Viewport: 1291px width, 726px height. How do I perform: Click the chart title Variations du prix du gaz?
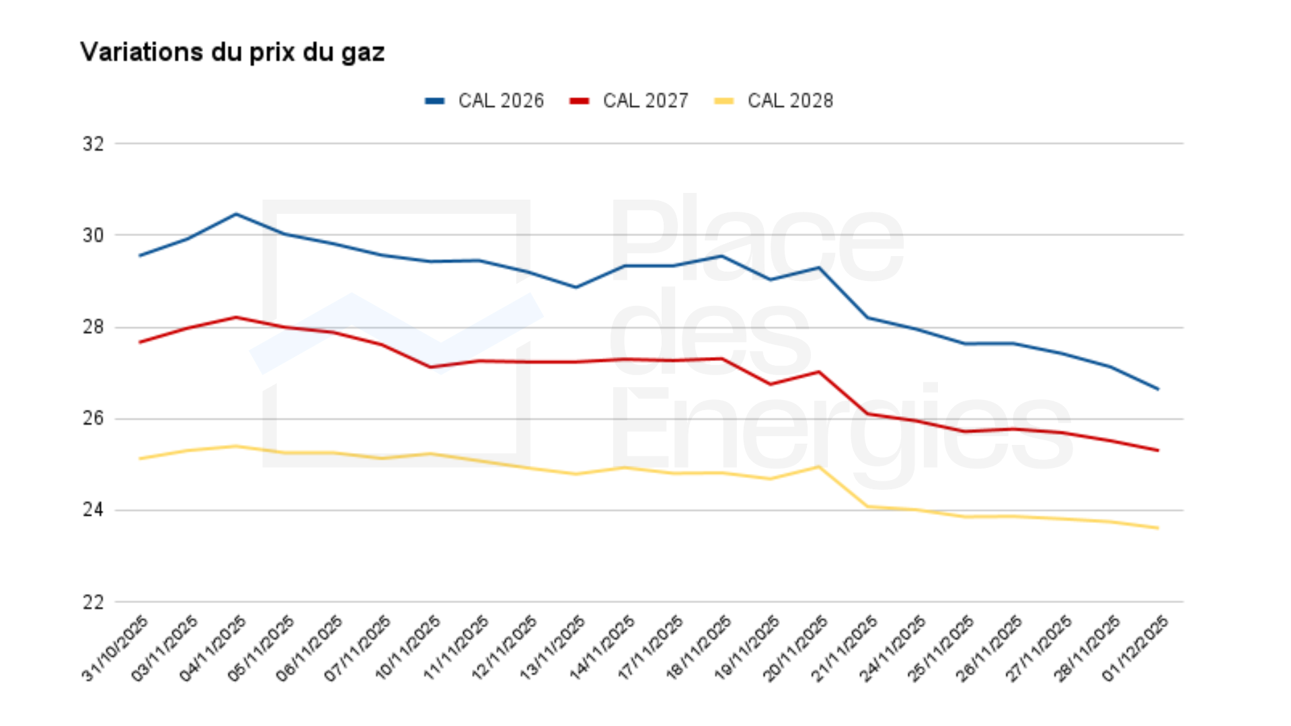click(x=232, y=52)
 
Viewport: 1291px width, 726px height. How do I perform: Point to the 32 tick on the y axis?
click(x=93, y=144)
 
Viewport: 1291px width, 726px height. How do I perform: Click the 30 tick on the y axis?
click(x=93, y=235)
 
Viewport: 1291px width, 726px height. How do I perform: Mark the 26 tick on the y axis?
click(x=93, y=419)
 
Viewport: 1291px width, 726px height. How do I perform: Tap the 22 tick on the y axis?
click(x=93, y=602)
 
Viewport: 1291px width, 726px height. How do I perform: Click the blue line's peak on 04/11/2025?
click(x=236, y=214)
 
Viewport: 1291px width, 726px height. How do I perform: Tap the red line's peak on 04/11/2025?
click(x=236, y=317)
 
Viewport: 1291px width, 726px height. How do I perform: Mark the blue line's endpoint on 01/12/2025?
click(x=1158, y=389)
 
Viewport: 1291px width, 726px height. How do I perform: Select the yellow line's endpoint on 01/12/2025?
click(x=1158, y=528)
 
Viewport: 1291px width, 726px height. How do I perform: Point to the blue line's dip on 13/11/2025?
click(x=576, y=288)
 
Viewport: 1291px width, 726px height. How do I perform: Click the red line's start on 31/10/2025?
click(x=139, y=343)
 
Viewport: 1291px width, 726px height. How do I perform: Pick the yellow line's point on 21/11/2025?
click(x=867, y=507)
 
